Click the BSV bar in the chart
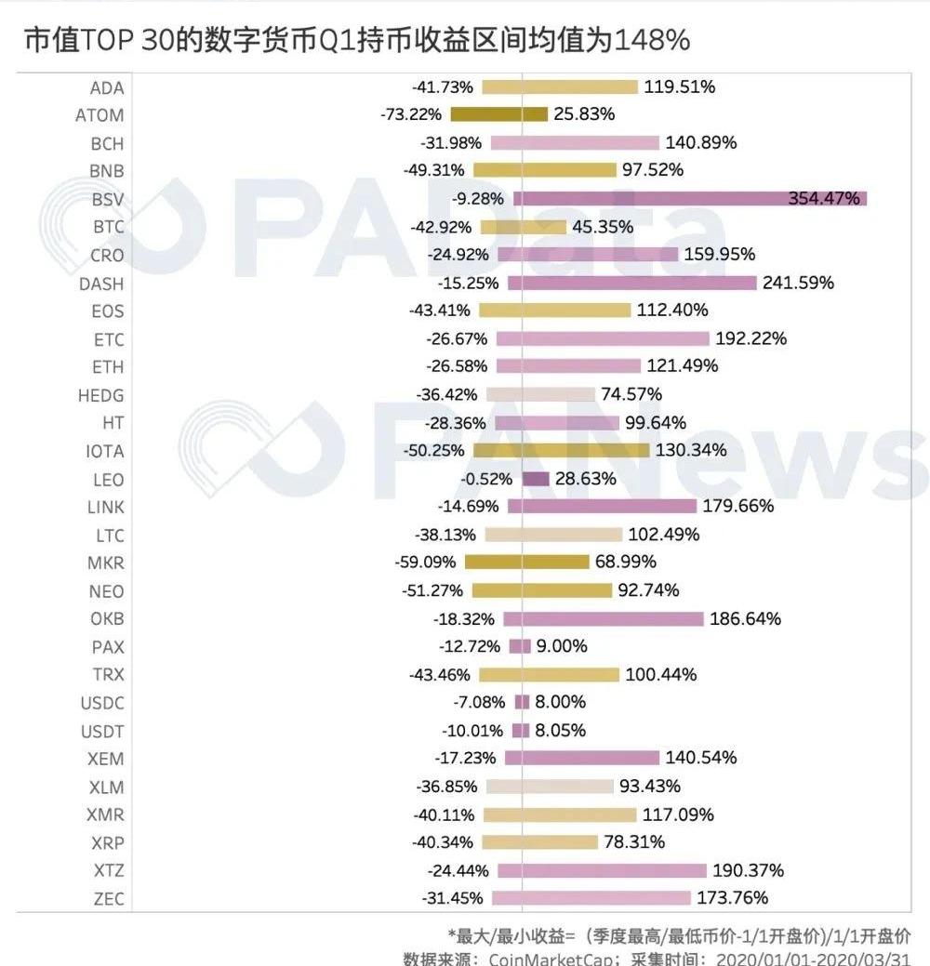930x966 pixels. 689,199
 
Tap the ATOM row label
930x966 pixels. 100,115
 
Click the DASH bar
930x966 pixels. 631,283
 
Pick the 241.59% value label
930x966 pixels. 798,283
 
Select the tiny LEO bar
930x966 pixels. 536,479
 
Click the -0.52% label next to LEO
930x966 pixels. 486,479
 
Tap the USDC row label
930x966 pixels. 102,703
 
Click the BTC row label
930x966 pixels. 107,227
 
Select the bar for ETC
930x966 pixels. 602,338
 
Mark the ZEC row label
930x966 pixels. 107,899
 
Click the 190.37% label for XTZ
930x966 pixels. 748,871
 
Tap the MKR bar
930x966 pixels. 526,562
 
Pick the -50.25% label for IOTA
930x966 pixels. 436,451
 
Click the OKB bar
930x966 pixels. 603,618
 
